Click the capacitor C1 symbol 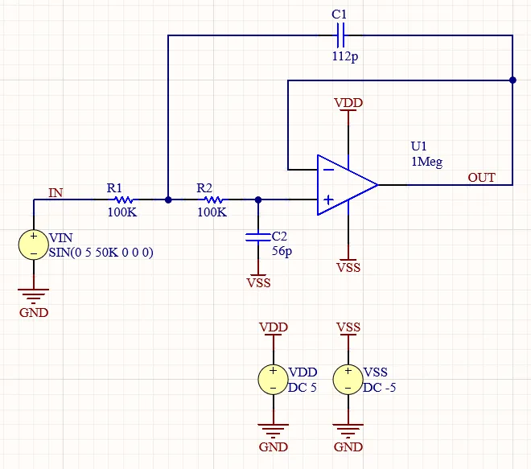tap(339, 35)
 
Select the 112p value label tap(344, 57)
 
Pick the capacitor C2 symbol tap(257, 237)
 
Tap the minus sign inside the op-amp tap(328, 170)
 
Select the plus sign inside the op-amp tap(328, 200)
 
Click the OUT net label tap(482, 177)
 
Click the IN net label tap(56, 192)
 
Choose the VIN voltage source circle tap(34, 245)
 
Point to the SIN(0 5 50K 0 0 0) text tap(101, 253)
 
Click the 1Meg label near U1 tap(426, 162)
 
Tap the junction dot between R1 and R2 tap(167, 200)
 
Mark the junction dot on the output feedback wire tap(512, 80)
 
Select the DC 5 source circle tap(274, 380)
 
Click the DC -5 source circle tap(348, 380)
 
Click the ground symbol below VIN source tap(34, 296)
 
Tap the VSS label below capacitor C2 tap(258, 282)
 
